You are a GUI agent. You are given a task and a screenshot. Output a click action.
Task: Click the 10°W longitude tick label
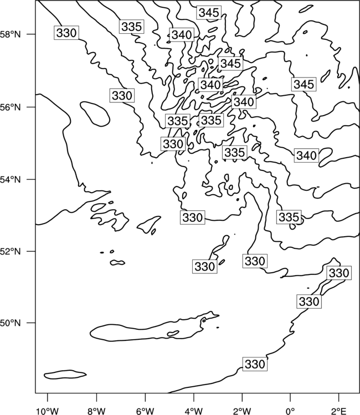coord(48,411)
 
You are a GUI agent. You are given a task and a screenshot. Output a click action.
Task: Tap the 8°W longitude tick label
coord(96,411)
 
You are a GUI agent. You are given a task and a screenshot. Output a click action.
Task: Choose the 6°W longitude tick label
coord(145,411)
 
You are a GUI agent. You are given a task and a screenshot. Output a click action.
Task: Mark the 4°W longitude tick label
coord(194,411)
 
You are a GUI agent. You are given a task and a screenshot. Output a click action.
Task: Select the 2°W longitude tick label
coord(242,411)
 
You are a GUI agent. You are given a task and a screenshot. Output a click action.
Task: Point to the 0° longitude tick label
coord(291,411)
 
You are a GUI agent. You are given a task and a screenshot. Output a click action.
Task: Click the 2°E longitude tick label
coord(339,411)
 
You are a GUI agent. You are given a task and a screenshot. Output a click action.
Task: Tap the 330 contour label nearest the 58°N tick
coord(66,33)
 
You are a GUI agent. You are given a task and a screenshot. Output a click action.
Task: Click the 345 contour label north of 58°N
coord(209,13)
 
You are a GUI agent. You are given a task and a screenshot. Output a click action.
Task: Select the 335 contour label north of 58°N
coord(132,27)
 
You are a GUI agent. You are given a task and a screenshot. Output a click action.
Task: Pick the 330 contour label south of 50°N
coord(255,364)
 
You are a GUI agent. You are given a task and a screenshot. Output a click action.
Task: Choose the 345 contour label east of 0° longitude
coord(304,85)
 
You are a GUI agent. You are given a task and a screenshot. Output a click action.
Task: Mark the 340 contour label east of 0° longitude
coord(306,155)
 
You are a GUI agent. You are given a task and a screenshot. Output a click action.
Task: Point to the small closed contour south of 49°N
coord(65,375)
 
